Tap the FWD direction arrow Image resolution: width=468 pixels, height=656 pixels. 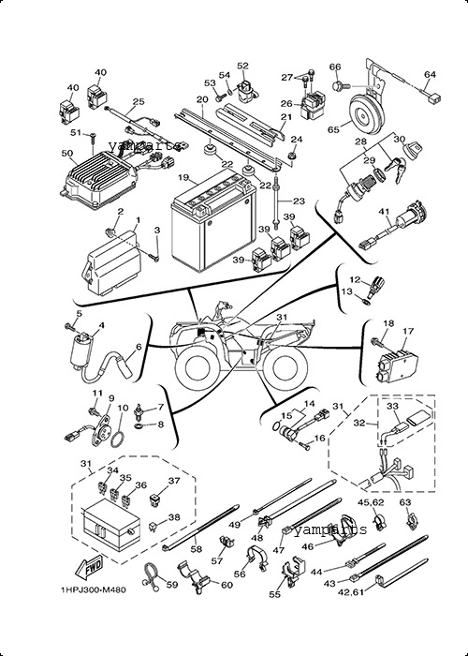click(89, 568)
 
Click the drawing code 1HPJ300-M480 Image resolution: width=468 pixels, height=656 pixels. click(94, 589)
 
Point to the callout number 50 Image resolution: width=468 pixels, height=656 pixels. click(66, 153)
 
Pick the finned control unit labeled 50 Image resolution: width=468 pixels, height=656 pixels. click(99, 179)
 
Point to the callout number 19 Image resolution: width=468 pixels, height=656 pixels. click(183, 177)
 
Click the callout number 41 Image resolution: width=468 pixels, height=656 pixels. click(384, 212)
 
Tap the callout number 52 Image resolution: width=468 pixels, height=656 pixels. click(242, 66)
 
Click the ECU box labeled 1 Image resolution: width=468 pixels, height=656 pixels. click(113, 262)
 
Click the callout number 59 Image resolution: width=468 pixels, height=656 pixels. click(172, 585)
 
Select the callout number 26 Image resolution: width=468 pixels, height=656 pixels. click(286, 103)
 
